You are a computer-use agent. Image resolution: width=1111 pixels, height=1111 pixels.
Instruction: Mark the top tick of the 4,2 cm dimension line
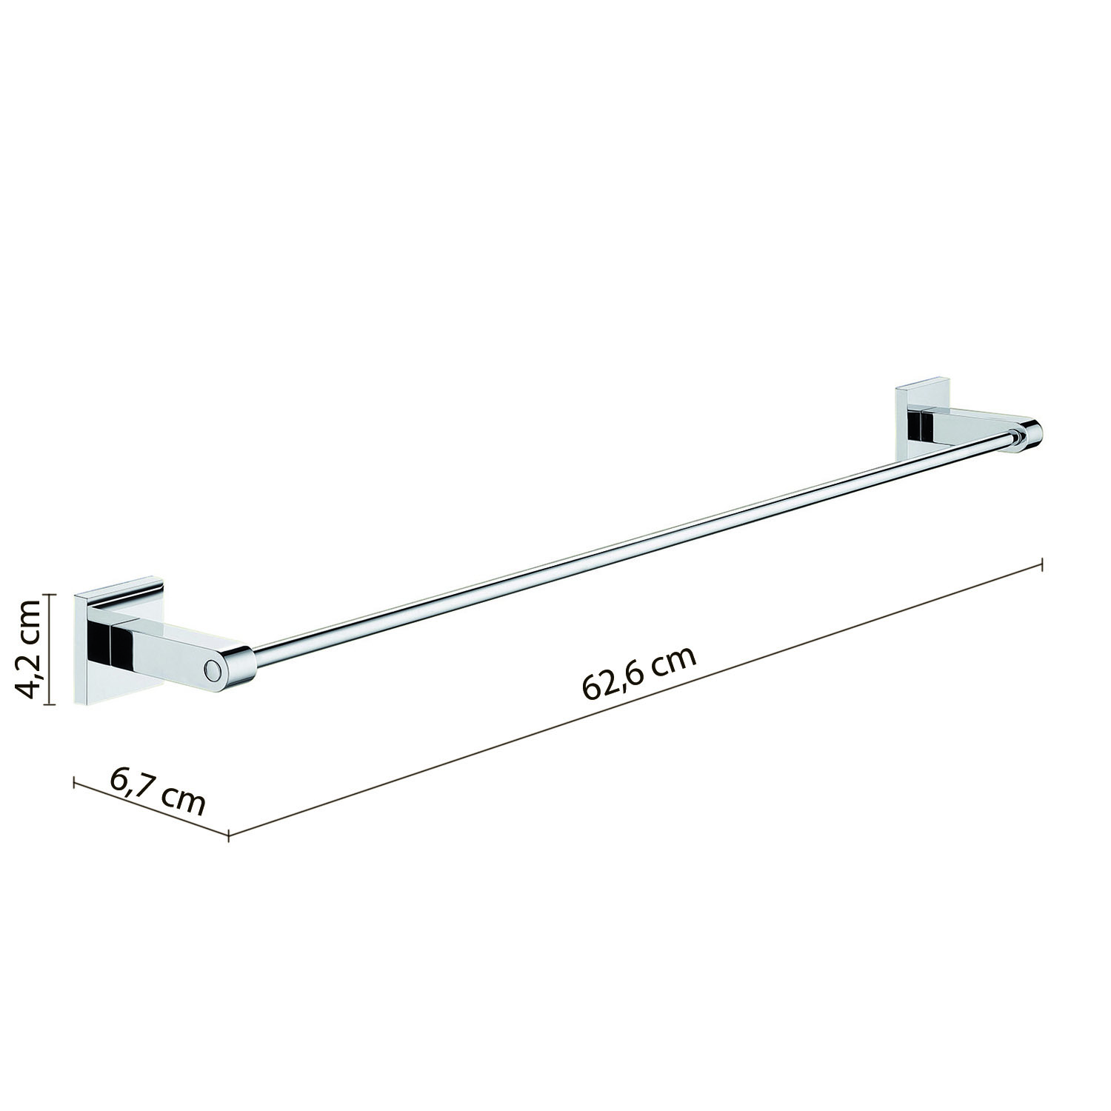point(49,594)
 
